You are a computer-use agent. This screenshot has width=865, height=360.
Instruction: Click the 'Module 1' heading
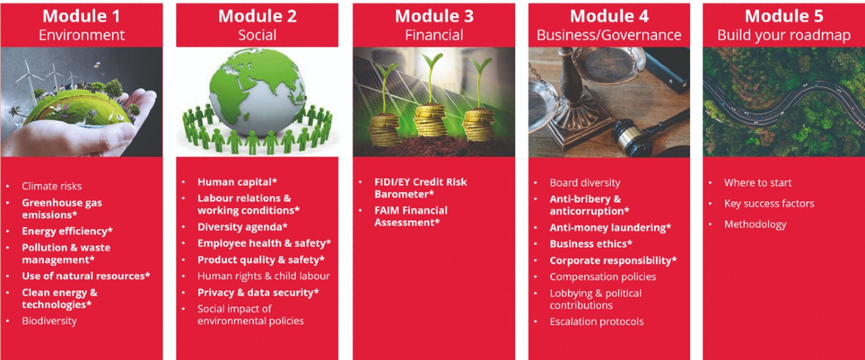point(82,16)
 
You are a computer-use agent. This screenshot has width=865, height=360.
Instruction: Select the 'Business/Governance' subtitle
point(609,35)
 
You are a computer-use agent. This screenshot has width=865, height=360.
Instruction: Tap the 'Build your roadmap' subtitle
point(784,36)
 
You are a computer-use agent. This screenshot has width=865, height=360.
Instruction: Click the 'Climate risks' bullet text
point(52,186)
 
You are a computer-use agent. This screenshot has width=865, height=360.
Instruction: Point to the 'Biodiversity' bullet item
point(49,321)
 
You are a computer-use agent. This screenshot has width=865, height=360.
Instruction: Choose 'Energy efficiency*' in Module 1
point(67,231)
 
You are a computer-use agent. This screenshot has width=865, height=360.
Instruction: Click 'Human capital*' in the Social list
point(237,182)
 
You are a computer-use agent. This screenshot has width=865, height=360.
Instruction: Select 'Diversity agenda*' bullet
point(243,227)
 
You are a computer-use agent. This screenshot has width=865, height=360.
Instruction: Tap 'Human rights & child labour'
point(264,276)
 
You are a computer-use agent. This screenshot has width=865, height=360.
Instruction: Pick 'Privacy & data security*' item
point(258,292)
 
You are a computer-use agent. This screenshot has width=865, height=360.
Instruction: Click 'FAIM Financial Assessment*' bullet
point(411,216)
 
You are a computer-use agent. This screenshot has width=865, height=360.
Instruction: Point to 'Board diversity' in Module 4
point(585,182)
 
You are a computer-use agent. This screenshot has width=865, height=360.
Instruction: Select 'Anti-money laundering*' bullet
point(610,228)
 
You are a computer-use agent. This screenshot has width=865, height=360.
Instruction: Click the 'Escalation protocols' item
point(597,322)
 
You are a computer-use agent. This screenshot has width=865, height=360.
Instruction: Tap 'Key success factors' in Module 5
point(769,203)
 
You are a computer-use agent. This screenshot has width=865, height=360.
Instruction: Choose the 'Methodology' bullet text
point(756,224)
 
